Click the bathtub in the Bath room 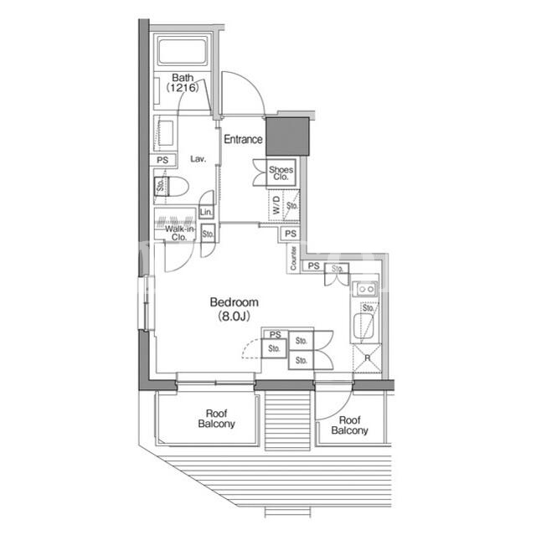click(183, 52)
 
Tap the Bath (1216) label click(183, 83)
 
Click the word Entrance click(243, 139)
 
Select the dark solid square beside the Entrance click(287, 136)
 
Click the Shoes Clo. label click(281, 173)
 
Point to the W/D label click(276, 205)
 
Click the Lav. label click(198, 159)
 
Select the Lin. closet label click(206, 212)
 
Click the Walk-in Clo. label click(179, 233)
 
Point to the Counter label click(293, 258)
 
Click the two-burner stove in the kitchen click(365, 290)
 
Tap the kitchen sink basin click(363, 326)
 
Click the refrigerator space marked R click(367, 358)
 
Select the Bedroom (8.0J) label click(234, 309)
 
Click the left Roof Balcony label click(216, 419)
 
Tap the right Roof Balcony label click(350, 425)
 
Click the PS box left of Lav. click(162, 160)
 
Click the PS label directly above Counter click(291, 234)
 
